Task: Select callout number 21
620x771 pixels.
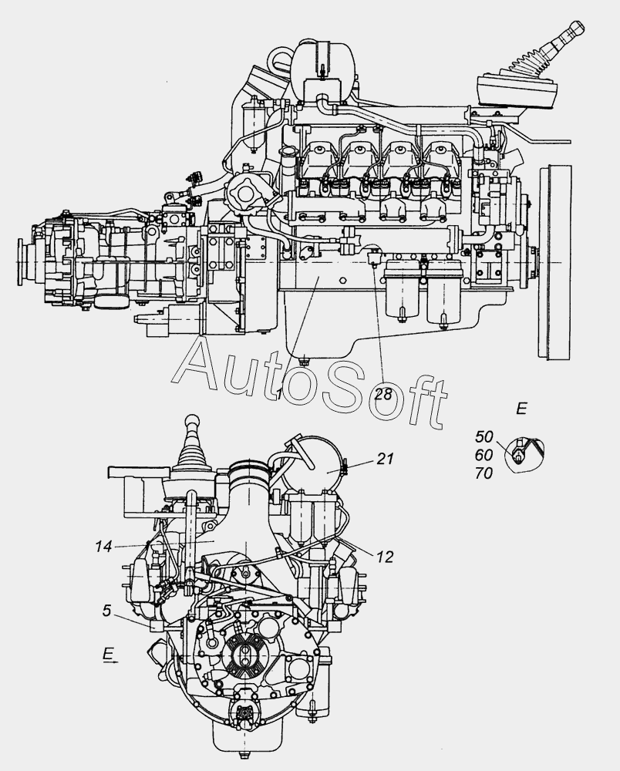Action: [x=386, y=458]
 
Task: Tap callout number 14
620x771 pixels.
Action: [x=104, y=547]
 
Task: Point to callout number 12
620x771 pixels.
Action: [x=386, y=557]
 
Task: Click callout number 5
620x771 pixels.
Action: [x=107, y=611]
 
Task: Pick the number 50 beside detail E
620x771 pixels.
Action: [x=484, y=436]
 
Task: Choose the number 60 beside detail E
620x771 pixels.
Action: [x=484, y=455]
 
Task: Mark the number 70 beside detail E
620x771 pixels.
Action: [x=484, y=473]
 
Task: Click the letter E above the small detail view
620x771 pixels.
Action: [x=521, y=409]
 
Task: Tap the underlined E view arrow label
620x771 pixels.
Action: [x=109, y=654]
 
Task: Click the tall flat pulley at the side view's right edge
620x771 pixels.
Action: [x=555, y=263]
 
